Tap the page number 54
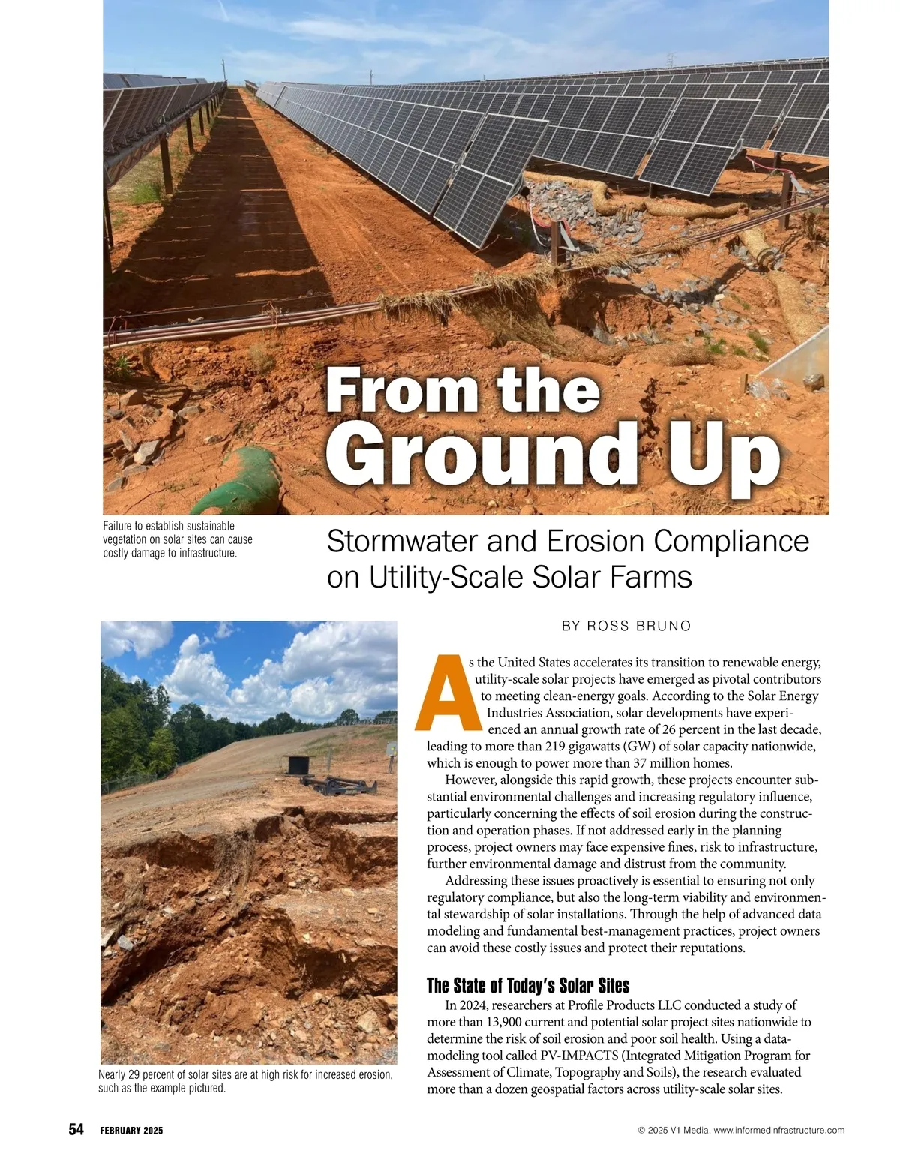(76, 1130)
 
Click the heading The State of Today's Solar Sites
(528, 985)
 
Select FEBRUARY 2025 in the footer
(131, 1131)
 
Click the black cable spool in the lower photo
(298, 765)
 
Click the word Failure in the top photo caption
(118, 526)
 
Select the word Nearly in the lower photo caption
(112, 1075)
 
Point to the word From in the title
(382, 392)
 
